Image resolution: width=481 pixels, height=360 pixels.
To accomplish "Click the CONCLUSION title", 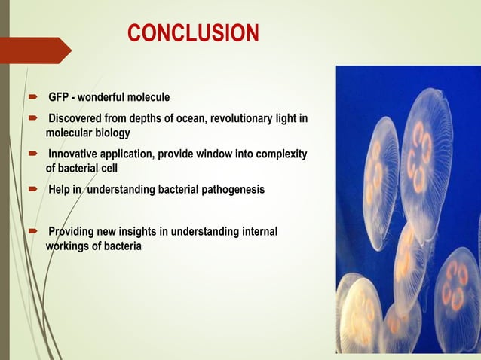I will (193, 33).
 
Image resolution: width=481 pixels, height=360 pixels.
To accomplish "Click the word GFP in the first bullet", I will (60, 98).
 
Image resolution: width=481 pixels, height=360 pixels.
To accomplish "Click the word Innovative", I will (74, 154).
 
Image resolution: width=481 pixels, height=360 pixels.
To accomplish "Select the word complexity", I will (277, 154).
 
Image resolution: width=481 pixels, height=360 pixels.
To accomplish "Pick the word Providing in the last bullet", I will (71, 232).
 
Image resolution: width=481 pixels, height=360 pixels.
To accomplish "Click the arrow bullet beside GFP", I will (34, 99).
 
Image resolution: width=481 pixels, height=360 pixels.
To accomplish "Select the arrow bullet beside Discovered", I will (34, 120).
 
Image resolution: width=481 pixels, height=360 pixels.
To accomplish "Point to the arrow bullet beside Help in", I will (34, 191).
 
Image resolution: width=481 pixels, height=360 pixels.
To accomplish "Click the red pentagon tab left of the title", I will (35, 50).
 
